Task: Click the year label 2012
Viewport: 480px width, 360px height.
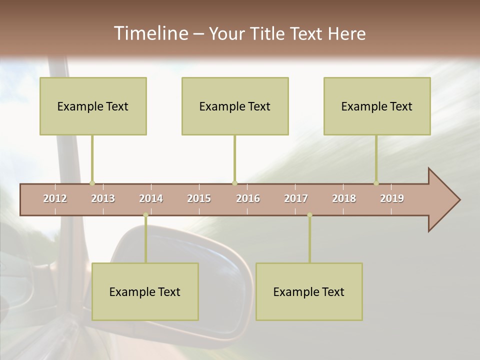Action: tap(55, 198)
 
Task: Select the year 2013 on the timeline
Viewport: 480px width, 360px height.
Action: tap(103, 198)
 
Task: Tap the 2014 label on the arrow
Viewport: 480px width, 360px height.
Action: tap(151, 198)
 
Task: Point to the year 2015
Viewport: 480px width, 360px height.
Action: tap(199, 198)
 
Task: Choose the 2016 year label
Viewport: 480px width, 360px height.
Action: tap(248, 198)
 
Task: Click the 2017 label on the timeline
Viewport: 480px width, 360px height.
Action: tap(296, 198)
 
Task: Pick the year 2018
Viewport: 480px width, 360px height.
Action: tap(344, 198)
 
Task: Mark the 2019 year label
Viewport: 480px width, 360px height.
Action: tap(392, 198)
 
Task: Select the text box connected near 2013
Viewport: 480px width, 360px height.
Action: tap(93, 106)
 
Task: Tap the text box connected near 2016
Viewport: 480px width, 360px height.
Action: tap(235, 106)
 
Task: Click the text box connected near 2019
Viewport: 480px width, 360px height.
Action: tap(377, 106)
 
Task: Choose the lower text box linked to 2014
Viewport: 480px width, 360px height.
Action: tap(145, 291)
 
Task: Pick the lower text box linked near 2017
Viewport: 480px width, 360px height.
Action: tap(309, 291)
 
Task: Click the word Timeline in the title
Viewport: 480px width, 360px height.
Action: tap(150, 33)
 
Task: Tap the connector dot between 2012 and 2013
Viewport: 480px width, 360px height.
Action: tap(92, 183)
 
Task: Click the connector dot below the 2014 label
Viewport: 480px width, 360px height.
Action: tap(145, 215)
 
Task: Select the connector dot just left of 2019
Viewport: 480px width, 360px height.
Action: tap(376, 183)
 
